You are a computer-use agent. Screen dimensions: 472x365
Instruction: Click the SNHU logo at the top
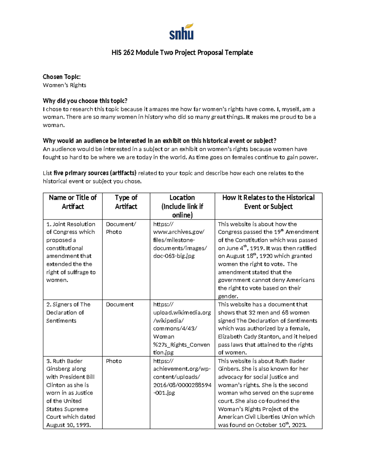[x=182, y=32]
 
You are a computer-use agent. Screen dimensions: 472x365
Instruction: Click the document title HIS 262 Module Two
[x=182, y=53]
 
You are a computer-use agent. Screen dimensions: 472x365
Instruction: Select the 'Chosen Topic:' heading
[x=61, y=77]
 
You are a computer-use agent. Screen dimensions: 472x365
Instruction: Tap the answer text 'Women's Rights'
[x=64, y=85]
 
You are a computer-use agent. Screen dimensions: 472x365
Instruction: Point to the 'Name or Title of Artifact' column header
[x=73, y=202]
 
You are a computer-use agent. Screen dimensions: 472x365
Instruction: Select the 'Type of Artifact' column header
[x=126, y=202]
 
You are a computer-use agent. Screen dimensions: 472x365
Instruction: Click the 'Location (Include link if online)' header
[x=182, y=206]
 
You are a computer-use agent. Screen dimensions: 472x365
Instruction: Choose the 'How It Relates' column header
[x=268, y=202]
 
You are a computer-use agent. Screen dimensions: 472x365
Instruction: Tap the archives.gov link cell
[x=179, y=240]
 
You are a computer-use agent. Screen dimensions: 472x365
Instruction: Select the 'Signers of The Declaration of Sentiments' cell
[x=68, y=312]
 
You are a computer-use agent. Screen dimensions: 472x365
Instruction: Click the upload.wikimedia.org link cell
[x=182, y=329]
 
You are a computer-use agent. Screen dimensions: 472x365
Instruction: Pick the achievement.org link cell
[x=182, y=377]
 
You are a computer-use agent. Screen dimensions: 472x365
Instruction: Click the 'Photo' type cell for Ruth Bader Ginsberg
[x=114, y=361]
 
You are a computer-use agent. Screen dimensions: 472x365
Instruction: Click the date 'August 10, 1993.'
[x=68, y=425]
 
